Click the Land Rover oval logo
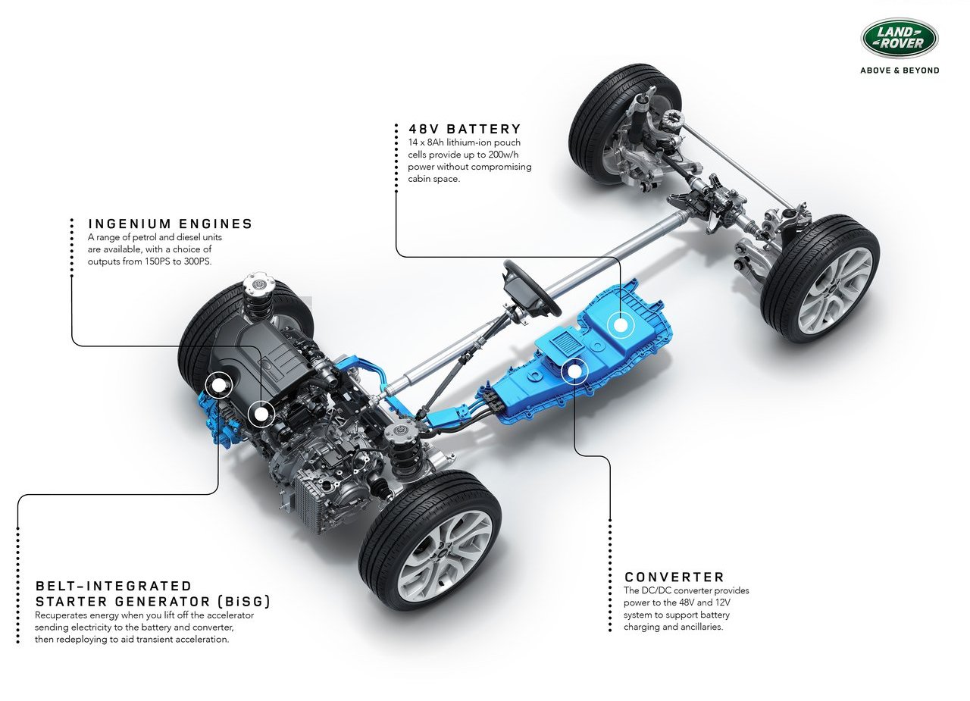click(899, 38)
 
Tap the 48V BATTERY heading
click(465, 129)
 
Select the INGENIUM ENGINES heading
click(171, 224)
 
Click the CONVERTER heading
click(674, 577)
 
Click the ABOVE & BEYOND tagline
click(900, 70)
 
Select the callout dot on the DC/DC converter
click(574, 371)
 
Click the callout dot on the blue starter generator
click(219, 384)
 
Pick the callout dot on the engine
click(261, 414)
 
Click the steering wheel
click(531, 287)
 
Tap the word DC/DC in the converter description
click(656, 590)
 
